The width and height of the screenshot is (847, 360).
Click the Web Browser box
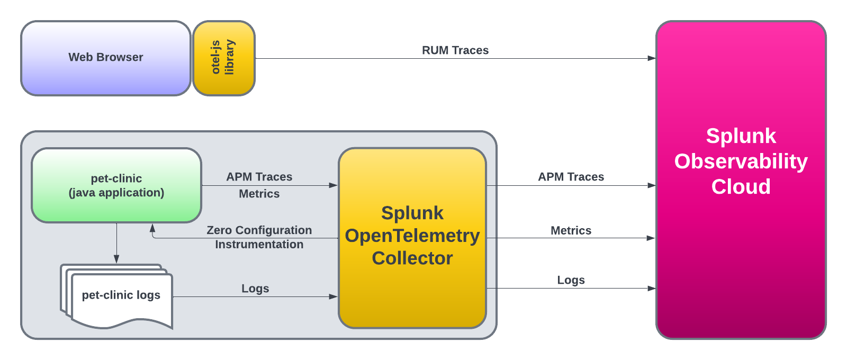[106, 58]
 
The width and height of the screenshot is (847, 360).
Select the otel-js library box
[223, 58]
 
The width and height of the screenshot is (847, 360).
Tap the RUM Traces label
[455, 50]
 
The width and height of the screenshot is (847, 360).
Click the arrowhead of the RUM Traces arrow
[652, 58]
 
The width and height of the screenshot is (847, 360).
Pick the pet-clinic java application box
[116, 185]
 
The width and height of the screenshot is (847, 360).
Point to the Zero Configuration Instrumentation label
[259, 237]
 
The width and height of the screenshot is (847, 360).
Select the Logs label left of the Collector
[255, 289]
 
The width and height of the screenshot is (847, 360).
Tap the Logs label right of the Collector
[571, 280]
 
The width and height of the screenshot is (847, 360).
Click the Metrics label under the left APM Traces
[259, 194]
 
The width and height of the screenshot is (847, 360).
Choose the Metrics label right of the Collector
[571, 231]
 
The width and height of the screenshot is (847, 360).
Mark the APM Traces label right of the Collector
[571, 177]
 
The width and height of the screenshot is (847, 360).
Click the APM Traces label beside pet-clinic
[259, 177]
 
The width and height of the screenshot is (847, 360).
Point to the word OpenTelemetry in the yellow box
[412, 236]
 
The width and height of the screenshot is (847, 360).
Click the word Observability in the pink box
[741, 161]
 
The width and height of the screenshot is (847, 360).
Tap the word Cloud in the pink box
[741, 187]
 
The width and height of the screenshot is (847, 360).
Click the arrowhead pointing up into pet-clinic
[152, 228]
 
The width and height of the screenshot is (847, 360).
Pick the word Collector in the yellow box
[412, 258]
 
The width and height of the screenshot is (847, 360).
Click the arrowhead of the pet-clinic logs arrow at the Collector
[334, 296]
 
